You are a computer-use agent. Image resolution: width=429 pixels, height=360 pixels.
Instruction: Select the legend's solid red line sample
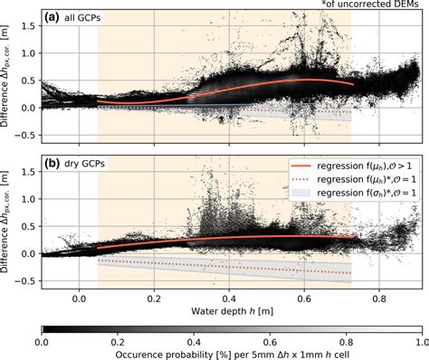(x=303, y=167)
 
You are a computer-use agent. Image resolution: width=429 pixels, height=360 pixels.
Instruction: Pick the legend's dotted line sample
(x=303, y=181)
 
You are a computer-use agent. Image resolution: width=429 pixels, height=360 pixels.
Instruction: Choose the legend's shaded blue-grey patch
(x=303, y=194)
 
